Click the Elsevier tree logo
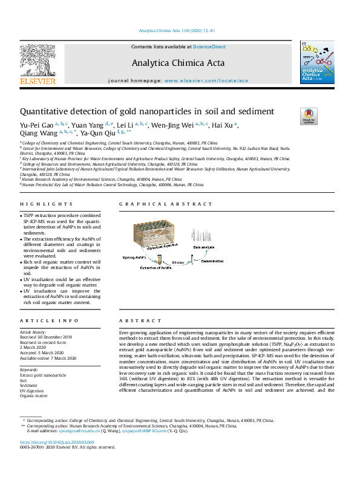[x=38, y=63]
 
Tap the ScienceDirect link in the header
[x=209, y=47]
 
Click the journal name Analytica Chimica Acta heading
[x=178, y=63]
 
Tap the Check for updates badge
[x=309, y=115]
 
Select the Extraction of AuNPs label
[x=155, y=267]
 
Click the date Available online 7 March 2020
[x=48, y=358]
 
